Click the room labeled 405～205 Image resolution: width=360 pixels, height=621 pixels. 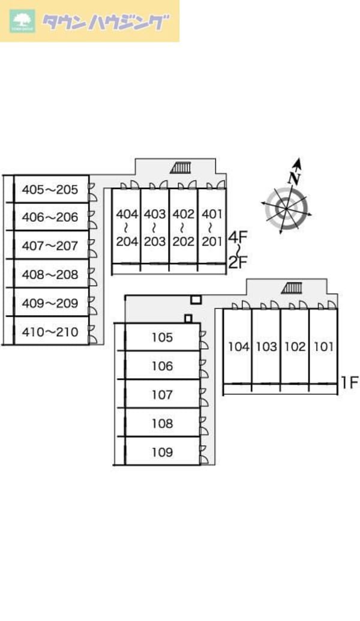(x=50, y=190)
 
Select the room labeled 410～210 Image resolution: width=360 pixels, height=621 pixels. (x=50, y=331)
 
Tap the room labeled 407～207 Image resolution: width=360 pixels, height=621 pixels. (x=50, y=245)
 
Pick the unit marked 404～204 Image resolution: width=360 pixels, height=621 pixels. (x=127, y=227)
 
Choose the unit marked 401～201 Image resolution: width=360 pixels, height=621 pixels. (x=212, y=227)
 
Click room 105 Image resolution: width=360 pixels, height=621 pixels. (x=162, y=337)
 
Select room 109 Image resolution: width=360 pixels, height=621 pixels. (x=162, y=452)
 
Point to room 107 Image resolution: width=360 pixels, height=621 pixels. (x=162, y=395)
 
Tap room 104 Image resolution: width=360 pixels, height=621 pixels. (x=238, y=346)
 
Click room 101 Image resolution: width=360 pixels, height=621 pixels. (x=323, y=346)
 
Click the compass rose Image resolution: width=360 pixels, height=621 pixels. (x=286, y=209)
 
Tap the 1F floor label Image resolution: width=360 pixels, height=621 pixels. (x=350, y=382)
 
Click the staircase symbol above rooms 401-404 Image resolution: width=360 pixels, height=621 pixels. (x=181, y=167)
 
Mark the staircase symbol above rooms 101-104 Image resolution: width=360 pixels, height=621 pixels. (x=293, y=289)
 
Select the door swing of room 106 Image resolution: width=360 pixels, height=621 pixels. (x=205, y=366)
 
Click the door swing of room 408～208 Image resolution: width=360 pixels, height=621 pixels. (x=92, y=275)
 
